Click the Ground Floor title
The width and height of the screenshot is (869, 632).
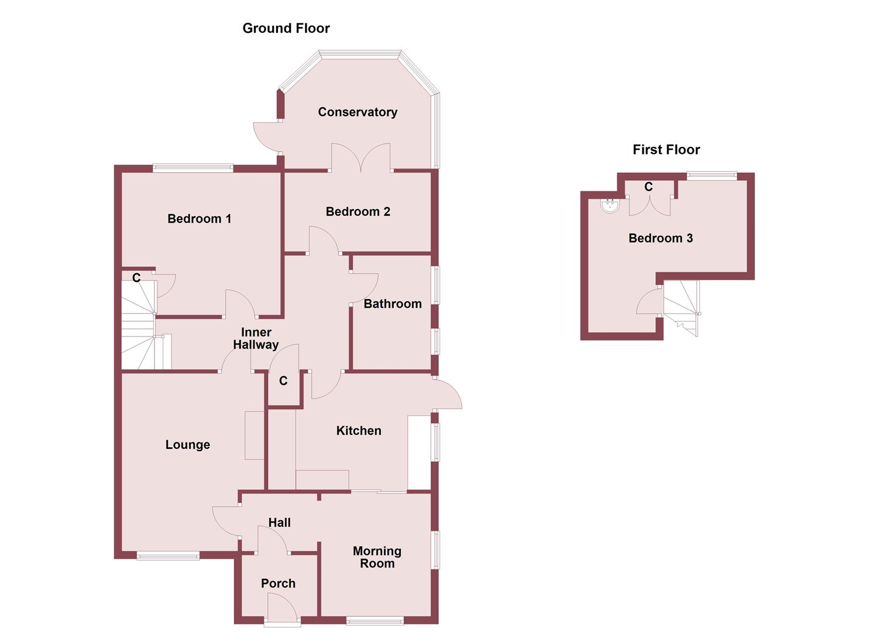click(x=286, y=28)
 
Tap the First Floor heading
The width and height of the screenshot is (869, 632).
click(x=666, y=150)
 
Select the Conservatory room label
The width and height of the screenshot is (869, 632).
click(x=358, y=112)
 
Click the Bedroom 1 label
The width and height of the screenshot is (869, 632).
click(x=199, y=219)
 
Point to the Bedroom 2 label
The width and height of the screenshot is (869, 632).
click(x=358, y=212)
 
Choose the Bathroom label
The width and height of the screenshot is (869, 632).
click(x=392, y=304)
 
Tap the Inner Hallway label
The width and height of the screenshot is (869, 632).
click(x=256, y=339)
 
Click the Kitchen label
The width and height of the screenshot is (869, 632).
click(x=359, y=431)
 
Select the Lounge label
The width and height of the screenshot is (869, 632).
click(x=187, y=445)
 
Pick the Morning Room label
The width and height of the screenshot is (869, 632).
click(x=377, y=557)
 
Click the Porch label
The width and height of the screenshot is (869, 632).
click(x=278, y=583)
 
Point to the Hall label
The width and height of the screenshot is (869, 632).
click(x=279, y=523)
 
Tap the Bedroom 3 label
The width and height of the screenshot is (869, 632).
click(x=661, y=238)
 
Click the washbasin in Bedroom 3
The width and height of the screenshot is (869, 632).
click(x=610, y=205)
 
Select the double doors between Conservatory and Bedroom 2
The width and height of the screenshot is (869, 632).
click(x=360, y=158)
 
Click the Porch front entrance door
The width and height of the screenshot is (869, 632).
click(x=283, y=609)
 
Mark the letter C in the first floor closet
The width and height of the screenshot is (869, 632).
click(x=648, y=187)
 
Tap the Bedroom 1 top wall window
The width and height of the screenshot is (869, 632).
click(x=193, y=168)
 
